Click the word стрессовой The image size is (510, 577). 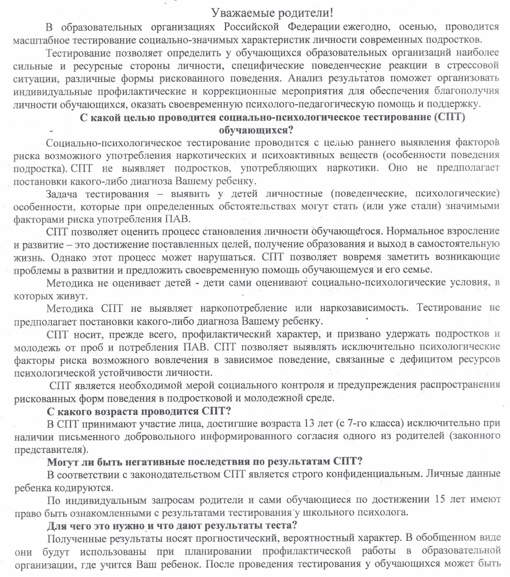(x=472, y=65)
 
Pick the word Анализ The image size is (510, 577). (x=306, y=78)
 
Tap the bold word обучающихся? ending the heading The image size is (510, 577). (x=256, y=130)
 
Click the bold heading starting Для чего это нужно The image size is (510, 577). (x=172, y=525)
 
